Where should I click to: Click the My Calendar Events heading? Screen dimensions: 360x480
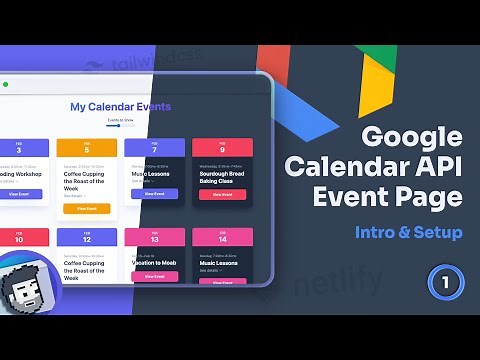120,106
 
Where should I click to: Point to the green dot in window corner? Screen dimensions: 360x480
6,84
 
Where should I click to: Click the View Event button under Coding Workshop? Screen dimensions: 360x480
19,194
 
